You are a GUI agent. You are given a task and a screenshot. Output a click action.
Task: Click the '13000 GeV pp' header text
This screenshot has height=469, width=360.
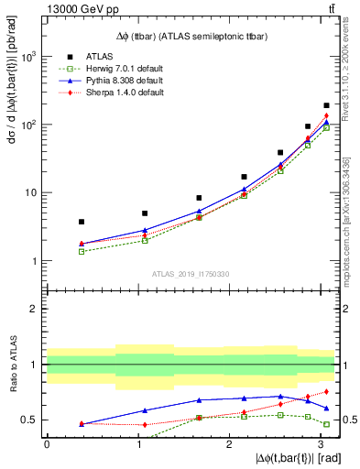click(69, 9)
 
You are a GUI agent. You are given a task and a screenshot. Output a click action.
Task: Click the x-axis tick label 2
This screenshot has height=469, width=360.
click(229, 444)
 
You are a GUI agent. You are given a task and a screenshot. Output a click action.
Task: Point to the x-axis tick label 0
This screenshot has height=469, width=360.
click(47, 444)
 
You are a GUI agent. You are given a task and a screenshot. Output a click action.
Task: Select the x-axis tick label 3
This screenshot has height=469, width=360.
click(320, 444)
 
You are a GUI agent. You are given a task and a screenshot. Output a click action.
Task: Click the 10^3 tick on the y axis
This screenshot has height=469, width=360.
click(28, 57)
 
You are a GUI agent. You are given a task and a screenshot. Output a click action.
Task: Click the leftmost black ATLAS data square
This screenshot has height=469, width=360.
click(82, 222)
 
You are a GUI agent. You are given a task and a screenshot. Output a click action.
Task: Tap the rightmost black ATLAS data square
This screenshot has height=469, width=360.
click(326, 106)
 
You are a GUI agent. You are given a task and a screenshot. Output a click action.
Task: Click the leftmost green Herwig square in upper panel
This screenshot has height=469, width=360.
click(82, 251)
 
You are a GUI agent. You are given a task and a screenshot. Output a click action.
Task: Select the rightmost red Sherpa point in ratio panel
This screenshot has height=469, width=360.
click(326, 392)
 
